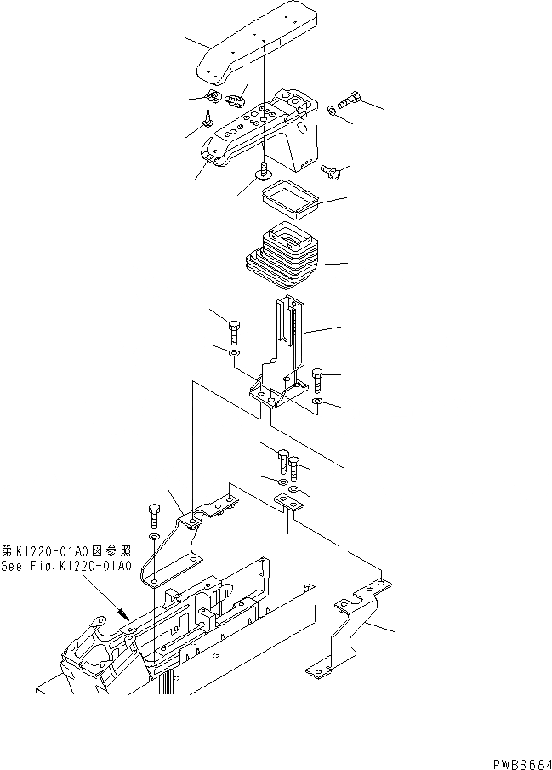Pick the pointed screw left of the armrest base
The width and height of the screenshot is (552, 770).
(x=208, y=119)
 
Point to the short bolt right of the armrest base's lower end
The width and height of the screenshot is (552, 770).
(x=333, y=174)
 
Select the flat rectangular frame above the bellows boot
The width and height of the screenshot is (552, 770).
(x=288, y=201)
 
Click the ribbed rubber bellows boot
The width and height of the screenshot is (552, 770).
(x=282, y=255)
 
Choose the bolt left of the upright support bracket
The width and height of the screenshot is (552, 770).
(x=234, y=328)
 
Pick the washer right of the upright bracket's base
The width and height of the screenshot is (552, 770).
(x=316, y=401)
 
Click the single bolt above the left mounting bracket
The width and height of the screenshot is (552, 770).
(x=154, y=516)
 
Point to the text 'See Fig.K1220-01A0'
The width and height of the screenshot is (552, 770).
(x=66, y=566)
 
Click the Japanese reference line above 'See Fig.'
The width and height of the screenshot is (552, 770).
(x=66, y=551)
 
